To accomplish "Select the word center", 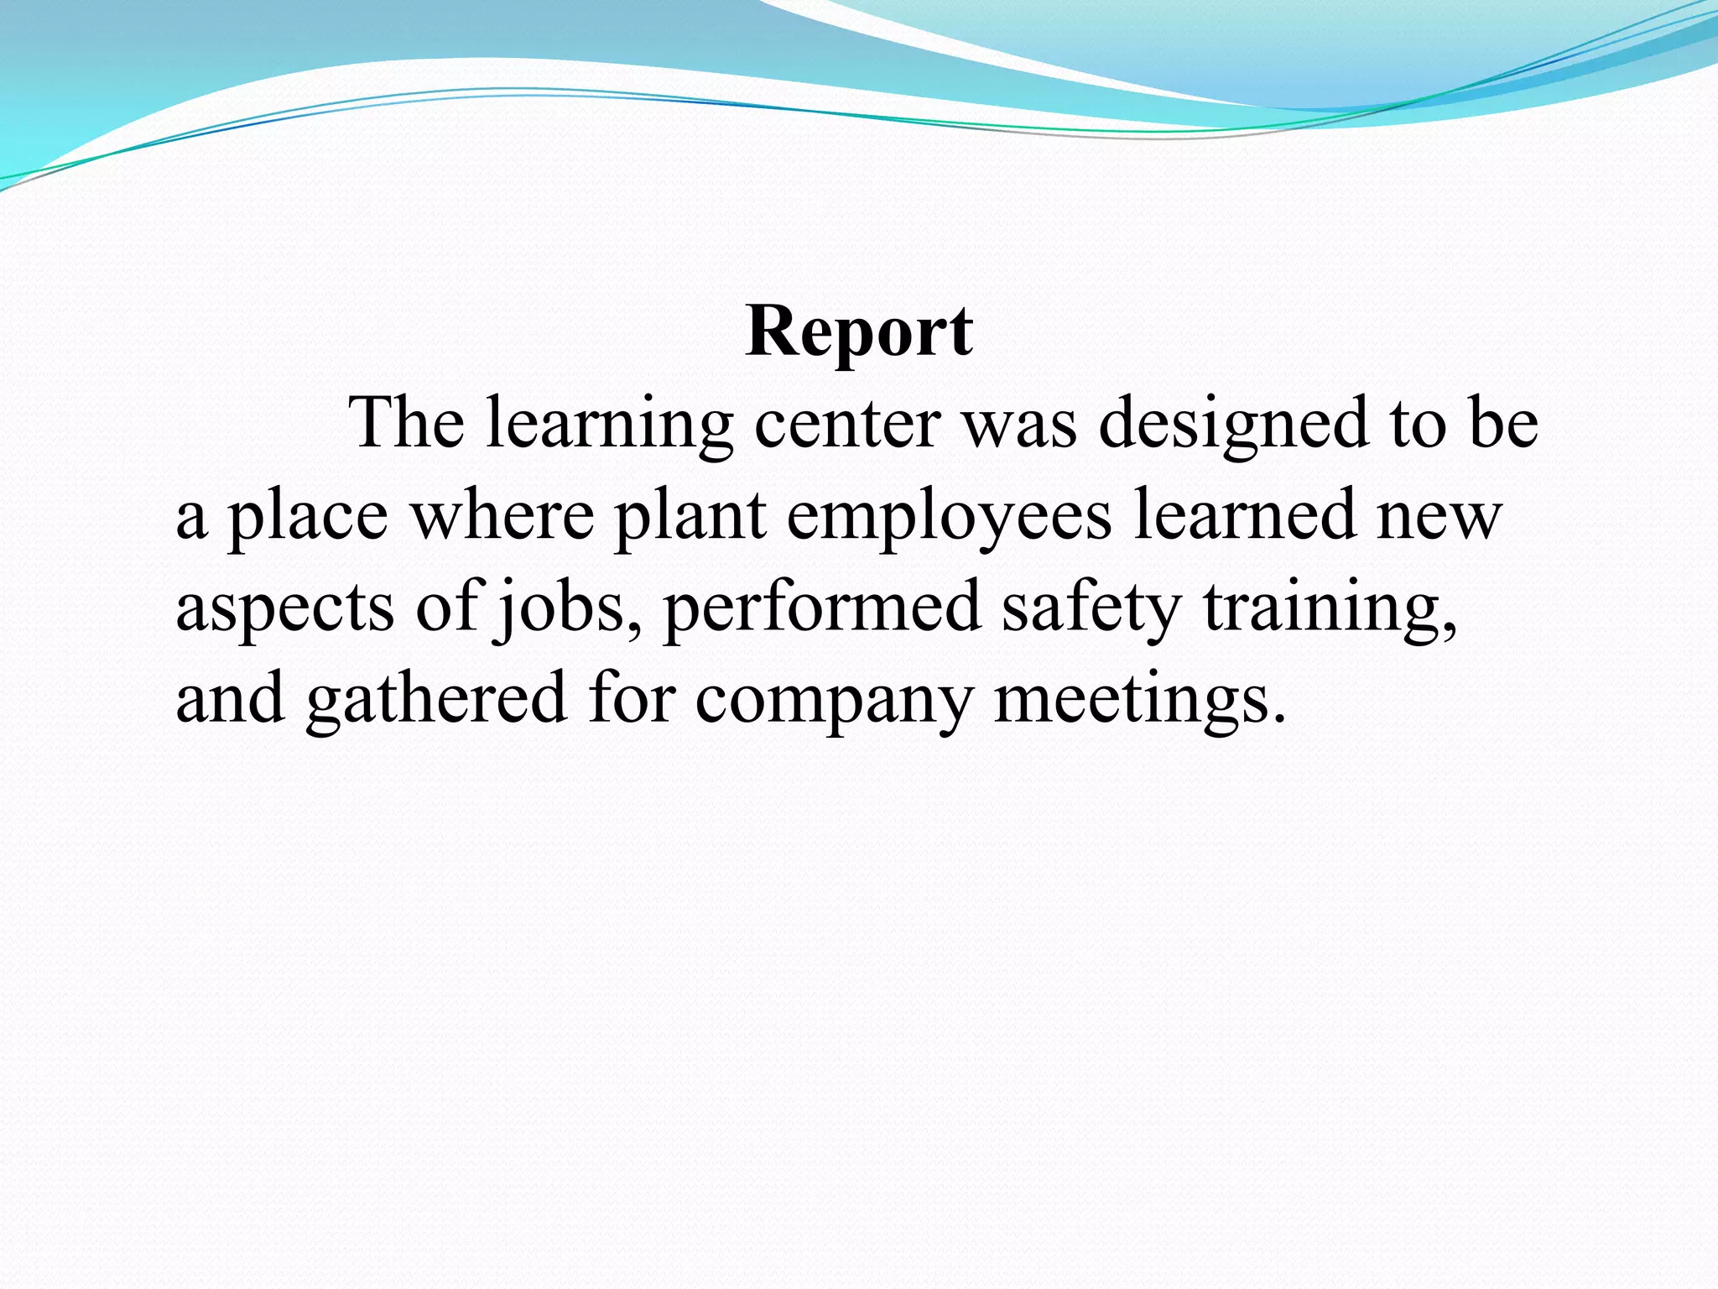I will pyautogui.click(x=846, y=424).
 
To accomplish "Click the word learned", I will pyautogui.click(x=1245, y=514).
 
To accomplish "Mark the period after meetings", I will pyautogui.click(x=1278, y=718).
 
